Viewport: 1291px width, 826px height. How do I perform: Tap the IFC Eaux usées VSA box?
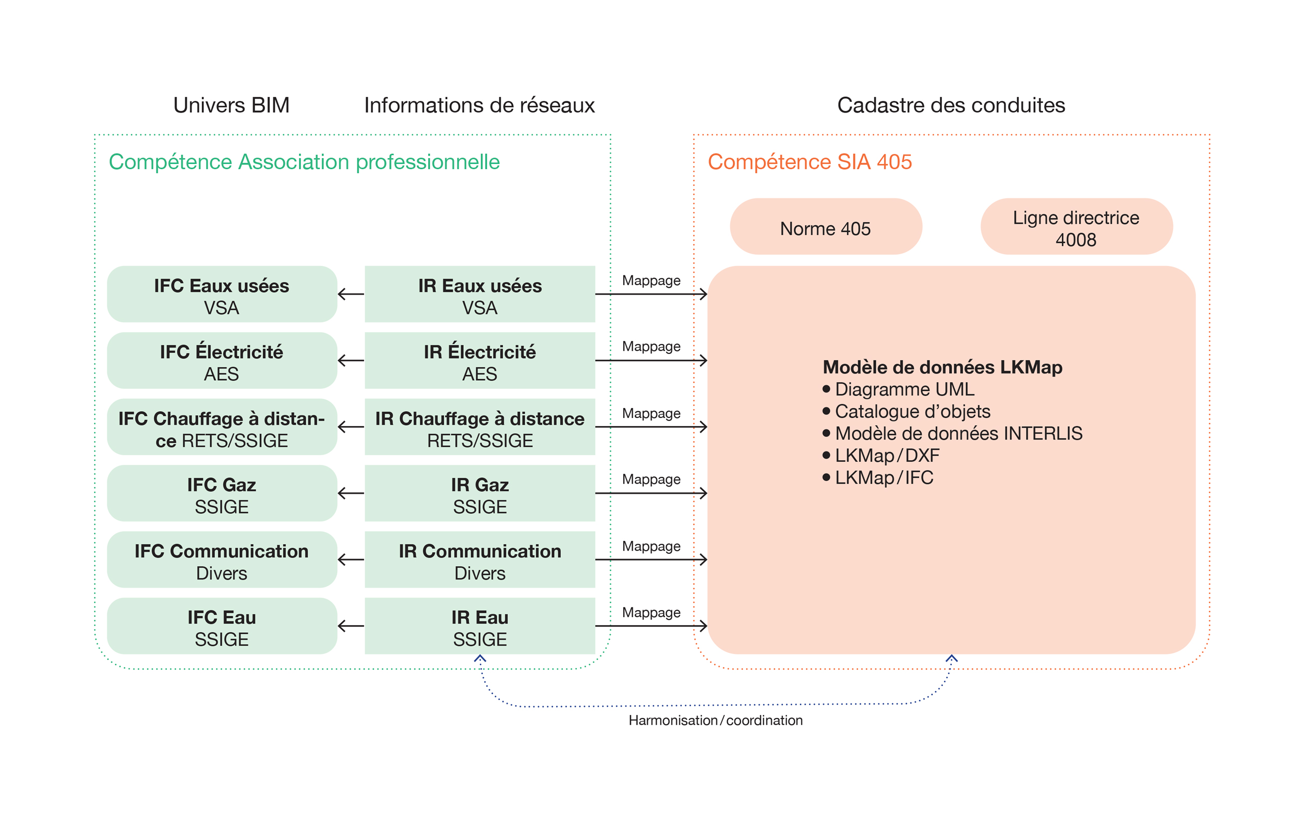click(222, 294)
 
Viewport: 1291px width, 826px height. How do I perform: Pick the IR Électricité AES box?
click(480, 361)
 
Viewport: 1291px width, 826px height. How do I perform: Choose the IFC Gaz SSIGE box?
click(222, 493)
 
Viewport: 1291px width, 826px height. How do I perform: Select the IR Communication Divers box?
click(480, 560)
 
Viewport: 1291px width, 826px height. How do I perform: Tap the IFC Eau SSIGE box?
click(222, 627)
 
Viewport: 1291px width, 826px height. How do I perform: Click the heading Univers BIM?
click(231, 105)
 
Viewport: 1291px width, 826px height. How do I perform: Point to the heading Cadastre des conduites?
click(951, 105)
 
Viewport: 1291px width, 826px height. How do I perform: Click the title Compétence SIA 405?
click(810, 162)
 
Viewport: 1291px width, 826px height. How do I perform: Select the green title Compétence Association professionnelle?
click(304, 162)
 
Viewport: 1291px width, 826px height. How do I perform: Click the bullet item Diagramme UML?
click(904, 389)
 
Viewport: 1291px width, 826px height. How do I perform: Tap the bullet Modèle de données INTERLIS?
click(958, 433)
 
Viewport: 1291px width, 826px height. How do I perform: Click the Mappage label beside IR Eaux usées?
click(651, 280)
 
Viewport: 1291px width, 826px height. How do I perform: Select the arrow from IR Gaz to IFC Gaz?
click(351, 493)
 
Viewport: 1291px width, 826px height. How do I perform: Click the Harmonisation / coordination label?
click(715, 720)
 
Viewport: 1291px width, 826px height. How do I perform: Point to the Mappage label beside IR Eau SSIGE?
click(651, 613)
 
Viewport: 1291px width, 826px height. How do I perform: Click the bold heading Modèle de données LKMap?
click(942, 367)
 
